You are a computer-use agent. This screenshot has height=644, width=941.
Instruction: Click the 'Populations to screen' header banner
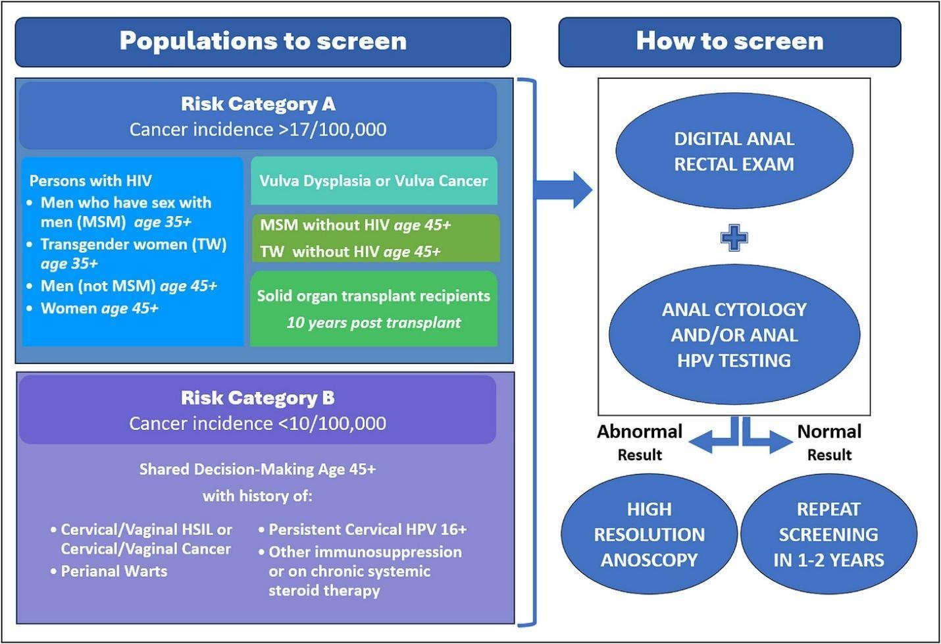click(x=263, y=41)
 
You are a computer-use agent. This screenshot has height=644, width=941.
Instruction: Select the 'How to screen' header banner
click(x=729, y=41)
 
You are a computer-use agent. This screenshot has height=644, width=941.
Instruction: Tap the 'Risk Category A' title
click(x=258, y=104)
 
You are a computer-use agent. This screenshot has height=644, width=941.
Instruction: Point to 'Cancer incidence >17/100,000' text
click(x=258, y=129)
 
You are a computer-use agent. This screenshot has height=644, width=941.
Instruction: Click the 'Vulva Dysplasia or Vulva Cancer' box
click(x=374, y=180)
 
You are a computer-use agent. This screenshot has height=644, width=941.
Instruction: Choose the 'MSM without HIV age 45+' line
click(x=355, y=225)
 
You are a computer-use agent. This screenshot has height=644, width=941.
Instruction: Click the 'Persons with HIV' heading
click(x=91, y=180)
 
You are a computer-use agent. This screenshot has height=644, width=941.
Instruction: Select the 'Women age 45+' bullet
click(x=99, y=308)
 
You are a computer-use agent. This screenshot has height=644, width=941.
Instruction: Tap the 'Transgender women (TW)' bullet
click(x=133, y=245)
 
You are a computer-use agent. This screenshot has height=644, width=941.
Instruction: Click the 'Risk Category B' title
click(x=258, y=398)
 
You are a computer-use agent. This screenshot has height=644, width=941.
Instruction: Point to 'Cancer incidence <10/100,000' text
click(x=258, y=423)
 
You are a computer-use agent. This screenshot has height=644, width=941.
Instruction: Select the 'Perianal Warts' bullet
click(x=114, y=571)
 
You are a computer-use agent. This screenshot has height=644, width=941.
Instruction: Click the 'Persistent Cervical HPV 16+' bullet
click(x=367, y=529)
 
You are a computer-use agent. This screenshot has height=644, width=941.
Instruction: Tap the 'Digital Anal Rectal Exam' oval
click(x=734, y=151)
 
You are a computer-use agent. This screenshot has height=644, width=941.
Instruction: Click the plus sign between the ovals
click(x=734, y=237)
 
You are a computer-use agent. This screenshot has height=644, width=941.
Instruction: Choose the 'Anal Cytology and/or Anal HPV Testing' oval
click(x=734, y=335)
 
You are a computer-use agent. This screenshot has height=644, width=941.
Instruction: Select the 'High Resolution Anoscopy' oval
click(x=649, y=534)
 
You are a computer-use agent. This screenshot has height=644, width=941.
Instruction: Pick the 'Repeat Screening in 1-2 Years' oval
click(x=828, y=534)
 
